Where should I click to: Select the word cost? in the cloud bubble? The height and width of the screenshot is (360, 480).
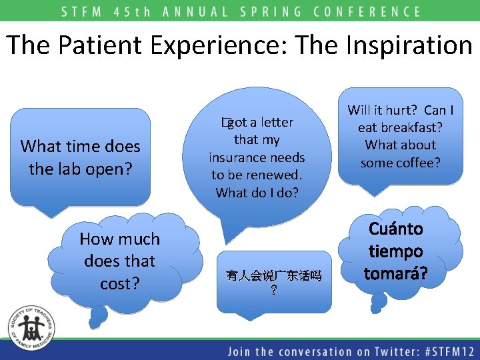tap(120, 283)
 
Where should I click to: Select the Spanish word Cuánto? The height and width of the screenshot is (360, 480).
tap(396, 229)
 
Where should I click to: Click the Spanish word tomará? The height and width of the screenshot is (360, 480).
tap(396, 273)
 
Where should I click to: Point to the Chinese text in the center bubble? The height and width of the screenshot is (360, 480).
tap(274, 275)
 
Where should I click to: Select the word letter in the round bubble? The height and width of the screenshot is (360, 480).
tap(277, 122)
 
